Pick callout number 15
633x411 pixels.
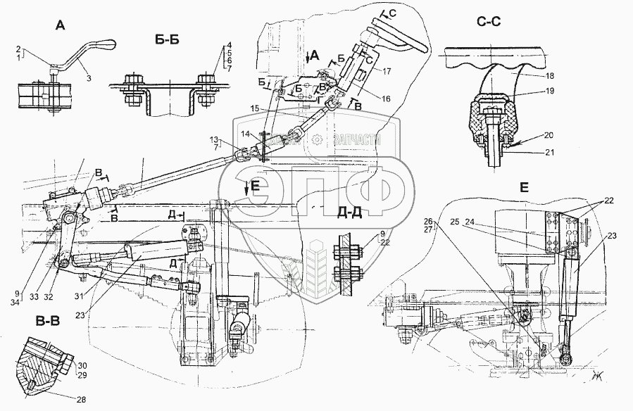(255, 108)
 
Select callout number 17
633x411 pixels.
(377, 70)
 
